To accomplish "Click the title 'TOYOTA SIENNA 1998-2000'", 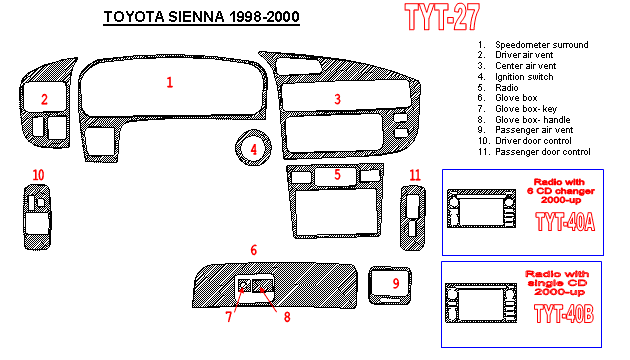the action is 201,17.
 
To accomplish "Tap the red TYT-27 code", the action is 442,17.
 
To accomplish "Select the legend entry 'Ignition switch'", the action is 524,77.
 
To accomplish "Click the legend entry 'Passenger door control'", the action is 542,152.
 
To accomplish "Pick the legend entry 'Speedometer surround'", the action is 542,45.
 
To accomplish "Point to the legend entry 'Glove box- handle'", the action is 532,120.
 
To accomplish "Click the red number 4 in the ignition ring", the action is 254,149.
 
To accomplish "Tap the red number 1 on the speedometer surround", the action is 170,82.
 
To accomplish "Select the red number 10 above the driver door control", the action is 38,175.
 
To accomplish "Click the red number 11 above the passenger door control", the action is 415,175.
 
